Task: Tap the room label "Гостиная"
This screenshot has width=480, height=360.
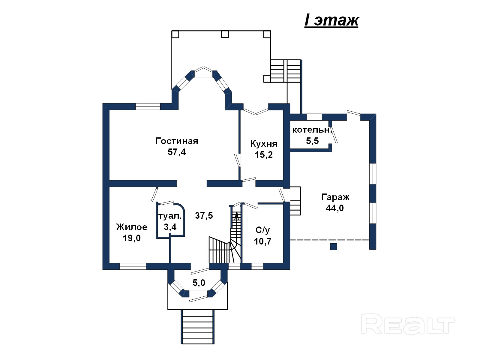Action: click(x=177, y=141)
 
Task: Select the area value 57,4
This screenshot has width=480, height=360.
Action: click(x=177, y=152)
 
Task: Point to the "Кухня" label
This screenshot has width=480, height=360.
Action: click(x=264, y=144)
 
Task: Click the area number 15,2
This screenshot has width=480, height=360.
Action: click(x=264, y=155)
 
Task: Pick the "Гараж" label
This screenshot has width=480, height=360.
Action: click(x=335, y=197)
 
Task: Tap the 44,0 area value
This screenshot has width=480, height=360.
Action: click(x=335, y=208)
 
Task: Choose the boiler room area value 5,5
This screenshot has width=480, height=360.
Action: click(x=312, y=141)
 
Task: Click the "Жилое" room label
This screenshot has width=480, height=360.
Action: click(x=132, y=227)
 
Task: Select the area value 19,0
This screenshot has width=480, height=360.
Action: click(x=132, y=238)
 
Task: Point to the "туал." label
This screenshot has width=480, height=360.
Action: click(x=170, y=216)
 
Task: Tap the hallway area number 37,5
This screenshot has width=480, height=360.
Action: click(x=204, y=215)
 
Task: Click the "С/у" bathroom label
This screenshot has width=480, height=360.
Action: click(x=262, y=230)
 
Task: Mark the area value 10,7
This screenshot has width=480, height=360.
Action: click(x=262, y=241)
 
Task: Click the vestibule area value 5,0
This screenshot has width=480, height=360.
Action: click(x=199, y=283)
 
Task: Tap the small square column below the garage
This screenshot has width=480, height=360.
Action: click(x=334, y=247)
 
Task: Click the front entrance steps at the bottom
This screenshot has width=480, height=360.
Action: click(x=197, y=327)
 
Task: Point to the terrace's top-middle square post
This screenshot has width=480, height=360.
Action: click(x=225, y=34)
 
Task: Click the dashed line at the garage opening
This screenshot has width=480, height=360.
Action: click(x=329, y=240)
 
